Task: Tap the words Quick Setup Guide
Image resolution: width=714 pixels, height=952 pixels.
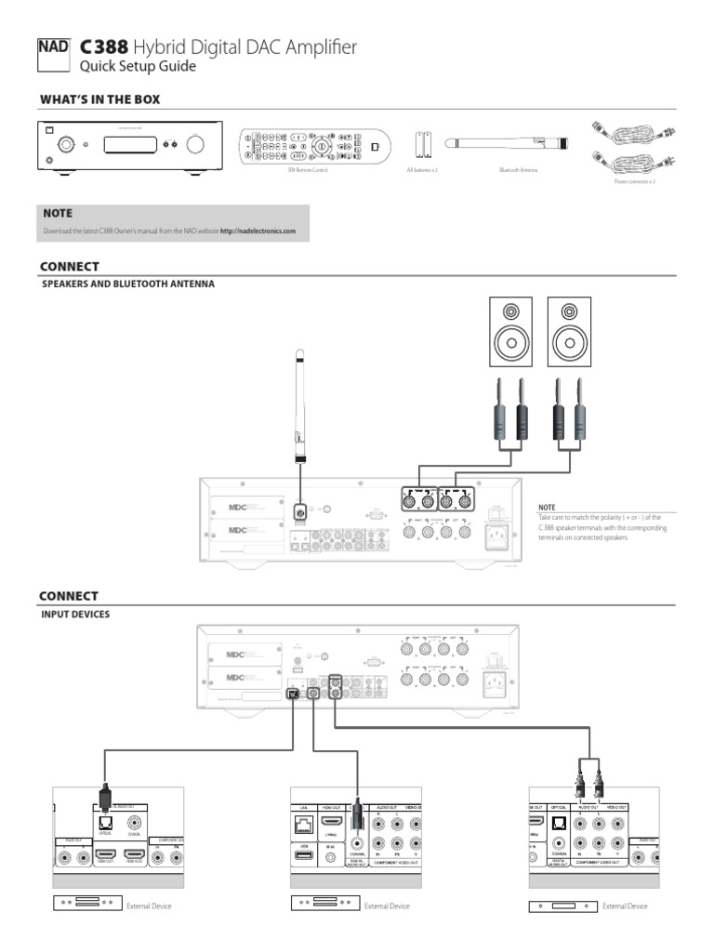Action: point(138,66)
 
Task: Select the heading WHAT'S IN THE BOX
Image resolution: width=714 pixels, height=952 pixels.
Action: point(105,99)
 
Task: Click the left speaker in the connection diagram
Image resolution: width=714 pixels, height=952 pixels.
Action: point(510,332)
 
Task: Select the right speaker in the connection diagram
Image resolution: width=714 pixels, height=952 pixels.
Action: point(569,332)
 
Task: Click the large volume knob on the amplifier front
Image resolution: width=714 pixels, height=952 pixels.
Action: point(196,145)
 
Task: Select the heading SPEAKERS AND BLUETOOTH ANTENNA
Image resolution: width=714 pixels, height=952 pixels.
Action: point(127,284)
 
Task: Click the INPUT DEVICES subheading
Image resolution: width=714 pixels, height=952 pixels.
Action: point(75,614)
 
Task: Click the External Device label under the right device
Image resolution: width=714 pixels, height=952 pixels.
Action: point(625,906)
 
